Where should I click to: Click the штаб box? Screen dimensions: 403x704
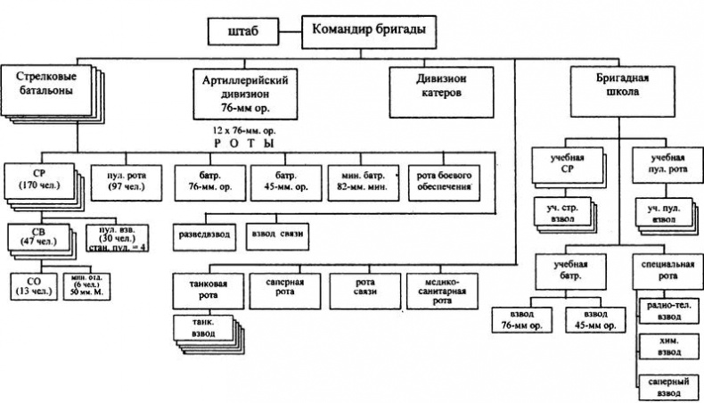coord(242,32)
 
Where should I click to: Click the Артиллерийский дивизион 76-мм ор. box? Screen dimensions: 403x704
coord(236,91)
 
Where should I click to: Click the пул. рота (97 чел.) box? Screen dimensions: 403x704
coord(119,179)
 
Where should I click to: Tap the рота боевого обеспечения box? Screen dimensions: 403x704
coord(441,179)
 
